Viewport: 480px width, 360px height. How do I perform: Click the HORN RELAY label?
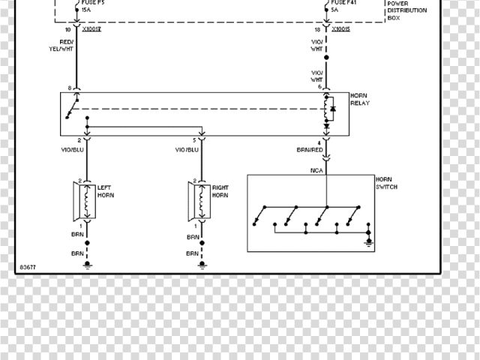pos(359,100)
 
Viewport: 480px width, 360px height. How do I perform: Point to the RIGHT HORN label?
pos(220,191)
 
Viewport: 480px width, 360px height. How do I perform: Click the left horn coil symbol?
pos(87,201)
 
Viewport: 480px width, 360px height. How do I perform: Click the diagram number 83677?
pos(27,266)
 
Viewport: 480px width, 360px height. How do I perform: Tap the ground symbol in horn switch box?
pos(368,241)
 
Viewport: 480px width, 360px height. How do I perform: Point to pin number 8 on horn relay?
pos(70,88)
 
